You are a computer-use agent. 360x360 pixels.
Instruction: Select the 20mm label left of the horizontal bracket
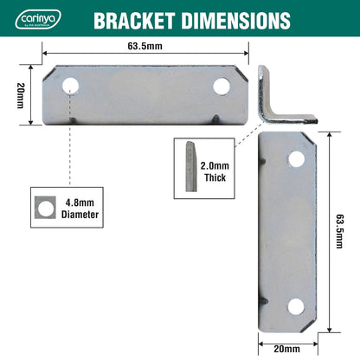click(x=21, y=95)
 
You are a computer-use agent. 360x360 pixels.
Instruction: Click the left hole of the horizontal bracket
click(x=69, y=87)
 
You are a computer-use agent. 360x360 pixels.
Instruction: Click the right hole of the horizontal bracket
click(x=222, y=87)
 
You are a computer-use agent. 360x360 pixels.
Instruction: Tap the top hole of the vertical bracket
click(x=296, y=159)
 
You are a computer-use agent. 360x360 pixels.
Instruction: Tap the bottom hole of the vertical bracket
click(x=296, y=305)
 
